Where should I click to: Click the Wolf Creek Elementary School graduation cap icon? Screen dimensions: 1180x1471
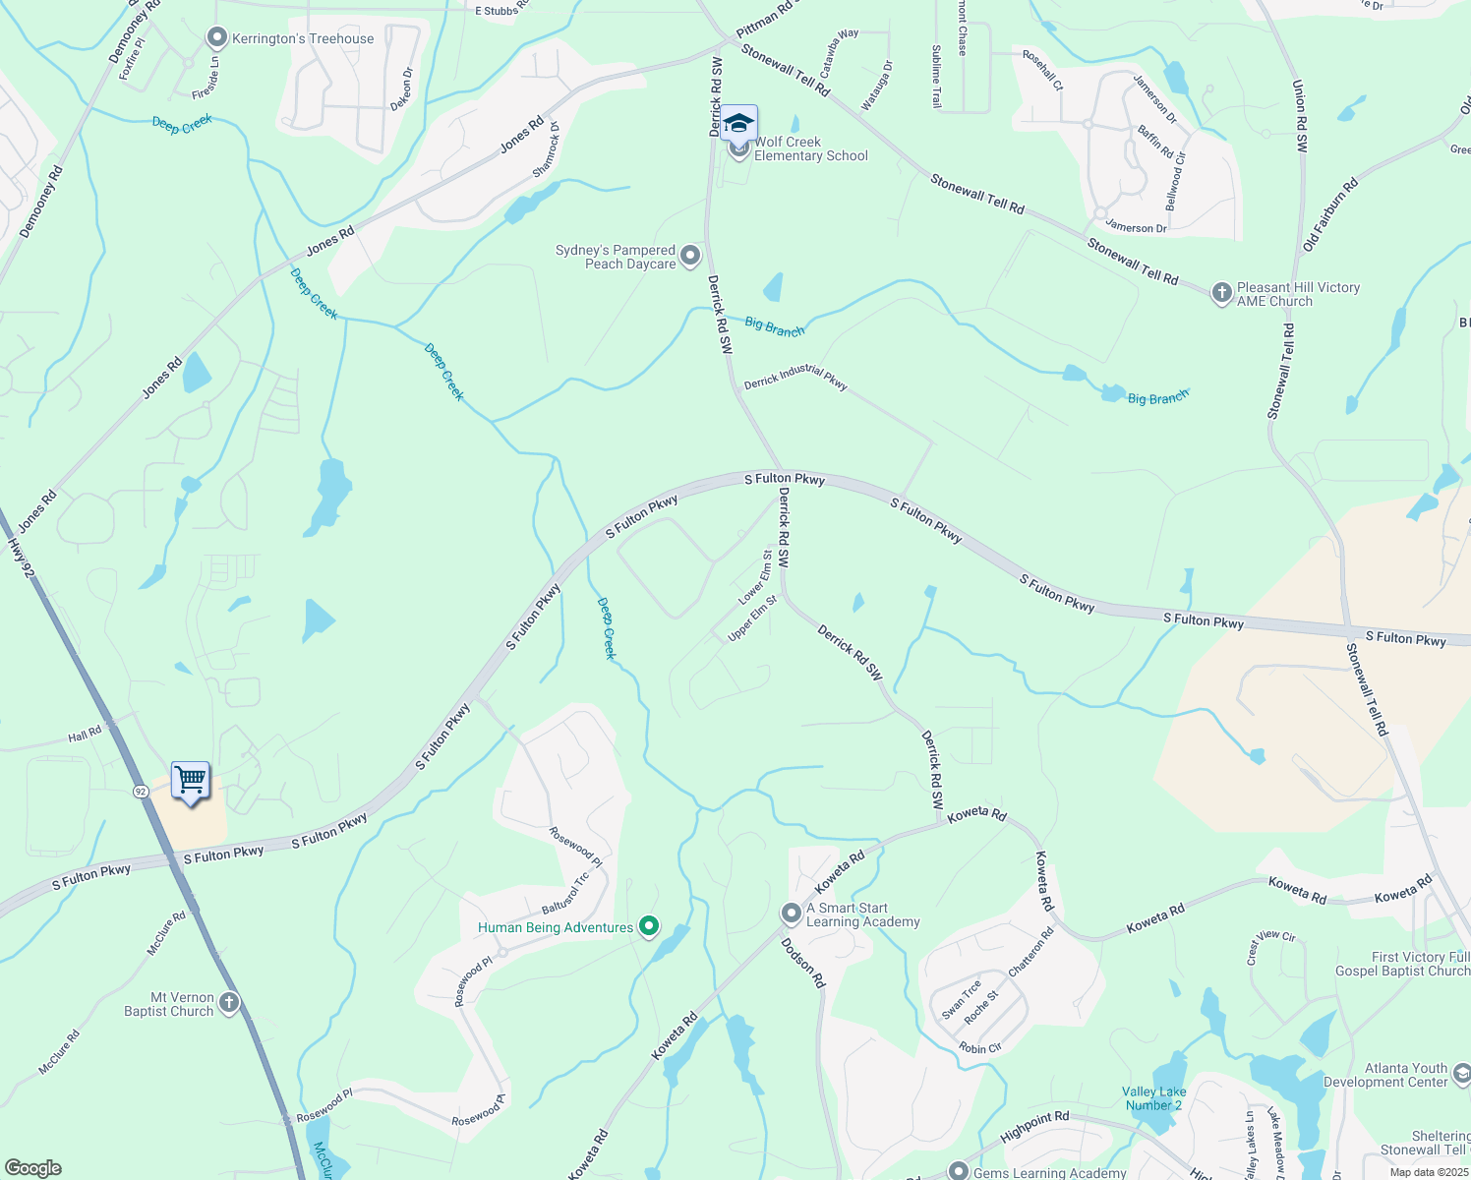[x=739, y=124]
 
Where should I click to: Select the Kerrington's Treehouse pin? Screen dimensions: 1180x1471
[x=216, y=38]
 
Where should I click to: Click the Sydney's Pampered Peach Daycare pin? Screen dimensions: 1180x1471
[x=690, y=257]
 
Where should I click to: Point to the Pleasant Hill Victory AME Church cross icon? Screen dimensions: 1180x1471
[x=1221, y=292]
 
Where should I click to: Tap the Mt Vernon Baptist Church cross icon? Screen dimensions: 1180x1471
[x=228, y=1003]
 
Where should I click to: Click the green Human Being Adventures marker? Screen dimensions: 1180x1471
[x=648, y=926]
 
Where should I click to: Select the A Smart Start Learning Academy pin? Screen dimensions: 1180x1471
[x=792, y=914]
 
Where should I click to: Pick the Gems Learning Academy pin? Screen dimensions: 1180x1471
[x=959, y=1170]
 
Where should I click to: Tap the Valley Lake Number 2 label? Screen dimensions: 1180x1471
[x=1153, y=1098]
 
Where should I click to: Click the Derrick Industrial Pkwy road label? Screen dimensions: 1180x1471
[x=795, y=377]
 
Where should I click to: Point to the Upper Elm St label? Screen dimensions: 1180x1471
[x=753, y=619]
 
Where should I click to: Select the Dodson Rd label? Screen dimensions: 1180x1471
[x=803, y=963]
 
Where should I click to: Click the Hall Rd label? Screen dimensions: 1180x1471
[x=85, y=735]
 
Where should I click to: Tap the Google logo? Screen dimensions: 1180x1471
[x=32, y=1168]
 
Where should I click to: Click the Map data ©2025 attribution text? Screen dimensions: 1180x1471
[x=1428, y=1172]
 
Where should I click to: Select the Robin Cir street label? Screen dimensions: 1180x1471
[x=980, y=1048]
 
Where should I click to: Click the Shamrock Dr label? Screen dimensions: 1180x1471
[x=546, y=149]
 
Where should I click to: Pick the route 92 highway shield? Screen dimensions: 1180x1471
[x=141, y=791]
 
